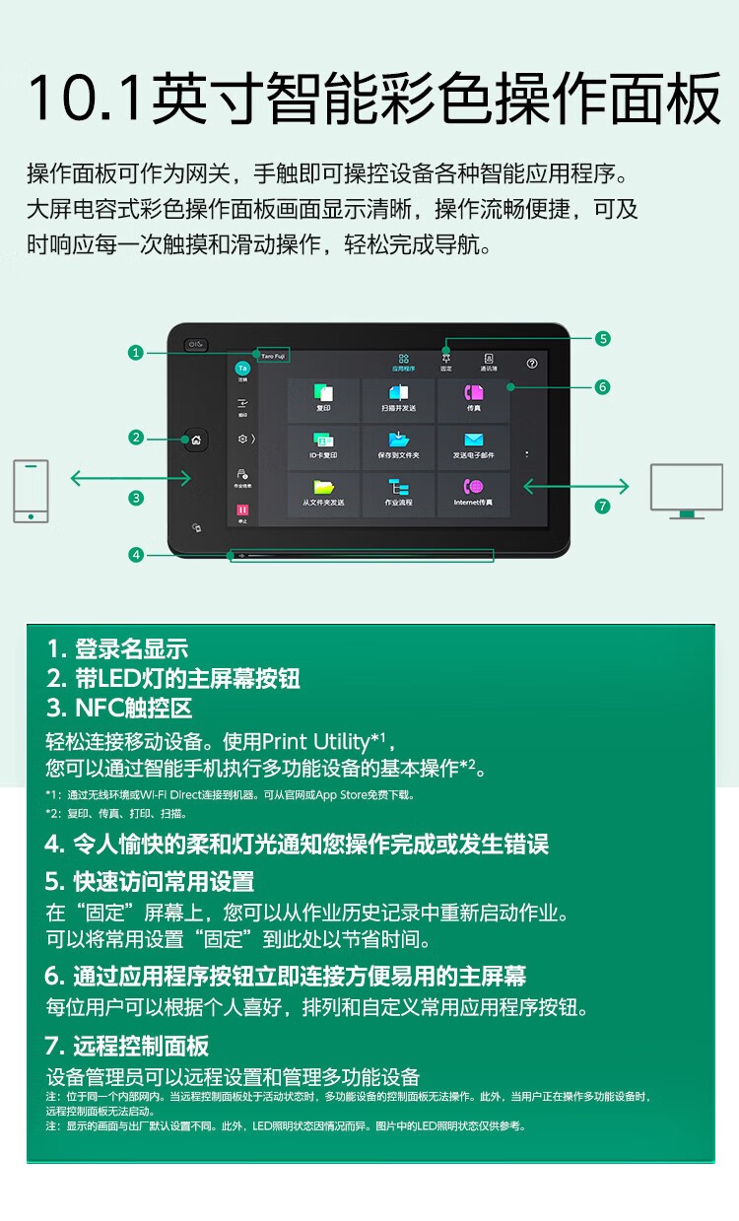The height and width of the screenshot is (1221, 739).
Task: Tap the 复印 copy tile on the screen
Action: tap(323, 399)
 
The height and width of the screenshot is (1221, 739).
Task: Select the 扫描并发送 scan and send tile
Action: tap(399, 399)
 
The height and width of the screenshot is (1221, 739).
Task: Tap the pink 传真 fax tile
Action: tap(474, 399)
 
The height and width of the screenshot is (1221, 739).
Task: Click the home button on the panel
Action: tap(195, 440)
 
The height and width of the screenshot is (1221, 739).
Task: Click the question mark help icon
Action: tap(532, 363)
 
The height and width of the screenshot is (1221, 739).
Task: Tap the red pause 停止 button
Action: tap(241, 510)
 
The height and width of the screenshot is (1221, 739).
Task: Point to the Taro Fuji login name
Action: tap(273, 353)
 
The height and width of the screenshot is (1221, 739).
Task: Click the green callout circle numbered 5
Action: tap(603, 338)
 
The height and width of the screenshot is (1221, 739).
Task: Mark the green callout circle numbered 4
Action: tap(136, 555)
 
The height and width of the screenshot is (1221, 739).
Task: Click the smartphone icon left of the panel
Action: tap(31, 490)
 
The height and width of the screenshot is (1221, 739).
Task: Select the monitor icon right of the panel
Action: tap(686, 490)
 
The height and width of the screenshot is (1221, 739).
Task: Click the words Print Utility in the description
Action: tap(314, 741)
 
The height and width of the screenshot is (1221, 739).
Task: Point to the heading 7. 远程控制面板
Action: tap(127, 1046)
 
